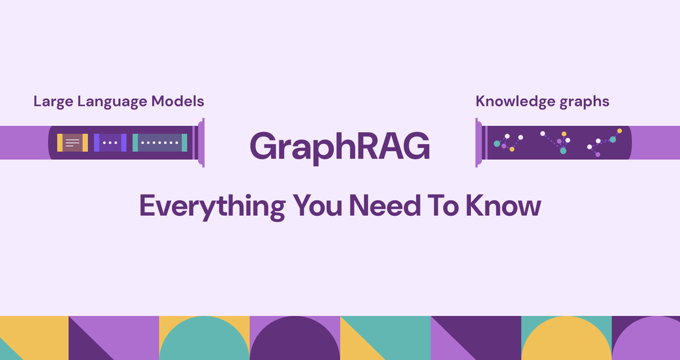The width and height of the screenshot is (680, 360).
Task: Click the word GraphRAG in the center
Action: click(340, 145)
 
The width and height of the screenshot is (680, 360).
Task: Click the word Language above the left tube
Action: click(113, 101)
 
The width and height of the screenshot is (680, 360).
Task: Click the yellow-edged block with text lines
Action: click(72, 143)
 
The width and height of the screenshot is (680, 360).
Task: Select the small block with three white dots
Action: click(110, 143)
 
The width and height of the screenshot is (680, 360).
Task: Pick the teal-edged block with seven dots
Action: click(160, 143)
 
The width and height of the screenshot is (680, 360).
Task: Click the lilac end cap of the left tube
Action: click(201, 143)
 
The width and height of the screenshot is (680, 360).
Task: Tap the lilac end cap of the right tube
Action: click(479, 143)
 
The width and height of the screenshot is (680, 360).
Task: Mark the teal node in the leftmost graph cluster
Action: click(497, 144)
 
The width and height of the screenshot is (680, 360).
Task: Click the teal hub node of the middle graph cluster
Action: click(563, 150)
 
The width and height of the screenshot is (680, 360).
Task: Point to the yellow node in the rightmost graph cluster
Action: click(620, 132)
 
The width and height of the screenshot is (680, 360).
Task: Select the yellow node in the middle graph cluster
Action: click(564, 134)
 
